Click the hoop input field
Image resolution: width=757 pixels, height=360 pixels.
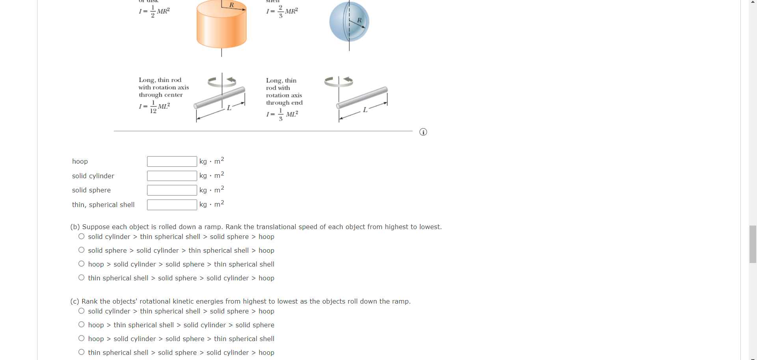172,161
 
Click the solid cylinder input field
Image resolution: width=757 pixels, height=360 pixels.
172,176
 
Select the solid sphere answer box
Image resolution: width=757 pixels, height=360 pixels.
172,190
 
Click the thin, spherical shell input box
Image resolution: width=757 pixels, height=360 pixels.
172,205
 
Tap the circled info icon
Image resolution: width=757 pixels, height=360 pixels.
423,132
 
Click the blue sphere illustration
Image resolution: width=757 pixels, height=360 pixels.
349,22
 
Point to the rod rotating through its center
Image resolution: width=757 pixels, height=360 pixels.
220,98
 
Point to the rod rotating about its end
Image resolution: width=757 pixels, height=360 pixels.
362,98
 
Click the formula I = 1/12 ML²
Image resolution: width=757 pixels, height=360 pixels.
154,106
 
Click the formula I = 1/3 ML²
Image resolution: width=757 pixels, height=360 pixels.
282,114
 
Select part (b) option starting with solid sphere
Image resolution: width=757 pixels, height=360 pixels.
81,250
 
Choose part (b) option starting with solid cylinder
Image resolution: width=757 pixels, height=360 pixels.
81,236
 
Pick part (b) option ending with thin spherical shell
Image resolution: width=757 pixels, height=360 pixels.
81,264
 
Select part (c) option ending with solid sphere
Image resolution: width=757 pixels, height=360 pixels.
81,325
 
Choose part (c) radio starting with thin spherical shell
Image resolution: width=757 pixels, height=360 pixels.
81,352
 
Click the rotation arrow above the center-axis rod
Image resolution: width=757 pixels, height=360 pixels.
222,82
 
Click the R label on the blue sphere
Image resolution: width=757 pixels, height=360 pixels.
359,20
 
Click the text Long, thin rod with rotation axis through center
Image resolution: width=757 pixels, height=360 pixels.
163,88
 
